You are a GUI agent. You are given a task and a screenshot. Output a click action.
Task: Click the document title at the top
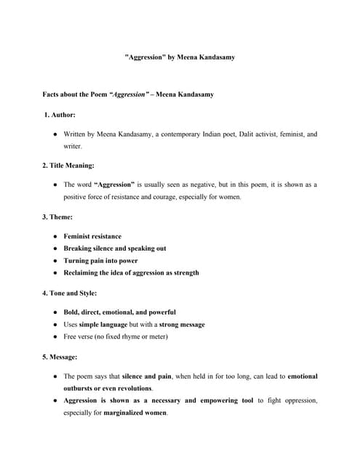(x=180, y=57)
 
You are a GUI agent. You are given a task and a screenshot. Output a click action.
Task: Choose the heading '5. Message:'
(x=63, y=357)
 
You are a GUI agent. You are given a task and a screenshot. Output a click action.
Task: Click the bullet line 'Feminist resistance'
(x=92, y=236)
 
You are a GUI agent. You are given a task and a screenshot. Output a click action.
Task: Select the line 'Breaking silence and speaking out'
(x=115, y=248)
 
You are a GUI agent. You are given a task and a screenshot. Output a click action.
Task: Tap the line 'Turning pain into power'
(x=100, y=261)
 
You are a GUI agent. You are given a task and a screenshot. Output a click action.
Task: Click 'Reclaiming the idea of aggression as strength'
(x=131, y=273)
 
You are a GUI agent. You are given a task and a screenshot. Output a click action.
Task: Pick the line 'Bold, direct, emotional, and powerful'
(x=119, y=312)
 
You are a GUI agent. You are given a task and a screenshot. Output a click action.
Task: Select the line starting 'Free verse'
(x=116, y=337)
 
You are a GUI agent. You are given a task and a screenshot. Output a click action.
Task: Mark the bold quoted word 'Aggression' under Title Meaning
(x=114, y=185)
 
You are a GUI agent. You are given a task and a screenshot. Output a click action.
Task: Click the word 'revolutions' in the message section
(x=134, y=389)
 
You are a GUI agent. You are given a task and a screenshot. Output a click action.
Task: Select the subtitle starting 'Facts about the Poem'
(x=128, y=94)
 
